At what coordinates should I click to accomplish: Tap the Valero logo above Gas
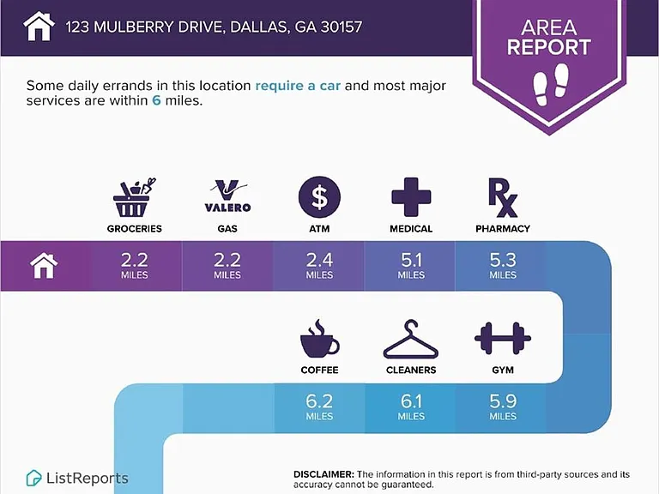[x=227, y=196]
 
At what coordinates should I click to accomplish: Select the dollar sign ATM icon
[x=319, y=197]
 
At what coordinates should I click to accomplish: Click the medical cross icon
[x=411, y=197]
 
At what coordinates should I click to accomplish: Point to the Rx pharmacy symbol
[x=503, y=197]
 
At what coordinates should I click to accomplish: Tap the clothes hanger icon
[x=411, y=339]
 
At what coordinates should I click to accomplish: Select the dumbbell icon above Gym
[x=503, y=338]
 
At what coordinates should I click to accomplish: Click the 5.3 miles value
[x=503, y=266]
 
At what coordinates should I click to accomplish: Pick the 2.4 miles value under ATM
[x=319, y=266]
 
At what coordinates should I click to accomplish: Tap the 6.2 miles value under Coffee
[x=319, y=407]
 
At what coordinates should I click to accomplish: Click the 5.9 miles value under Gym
[x=503, y=407]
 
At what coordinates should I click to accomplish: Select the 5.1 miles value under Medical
[x=411, y=266]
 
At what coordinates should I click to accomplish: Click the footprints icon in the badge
[x=551, y=84]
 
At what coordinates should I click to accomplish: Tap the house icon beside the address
[x=39, y=26]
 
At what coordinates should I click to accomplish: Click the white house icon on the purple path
[x=44, y=266]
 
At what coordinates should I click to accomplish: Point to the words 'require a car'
[x=298, y=86]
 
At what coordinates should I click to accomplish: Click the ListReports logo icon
[x=33, y=478]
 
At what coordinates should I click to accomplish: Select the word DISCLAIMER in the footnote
[x=324, y=474]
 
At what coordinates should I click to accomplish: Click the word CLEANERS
[x=411, y=370]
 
